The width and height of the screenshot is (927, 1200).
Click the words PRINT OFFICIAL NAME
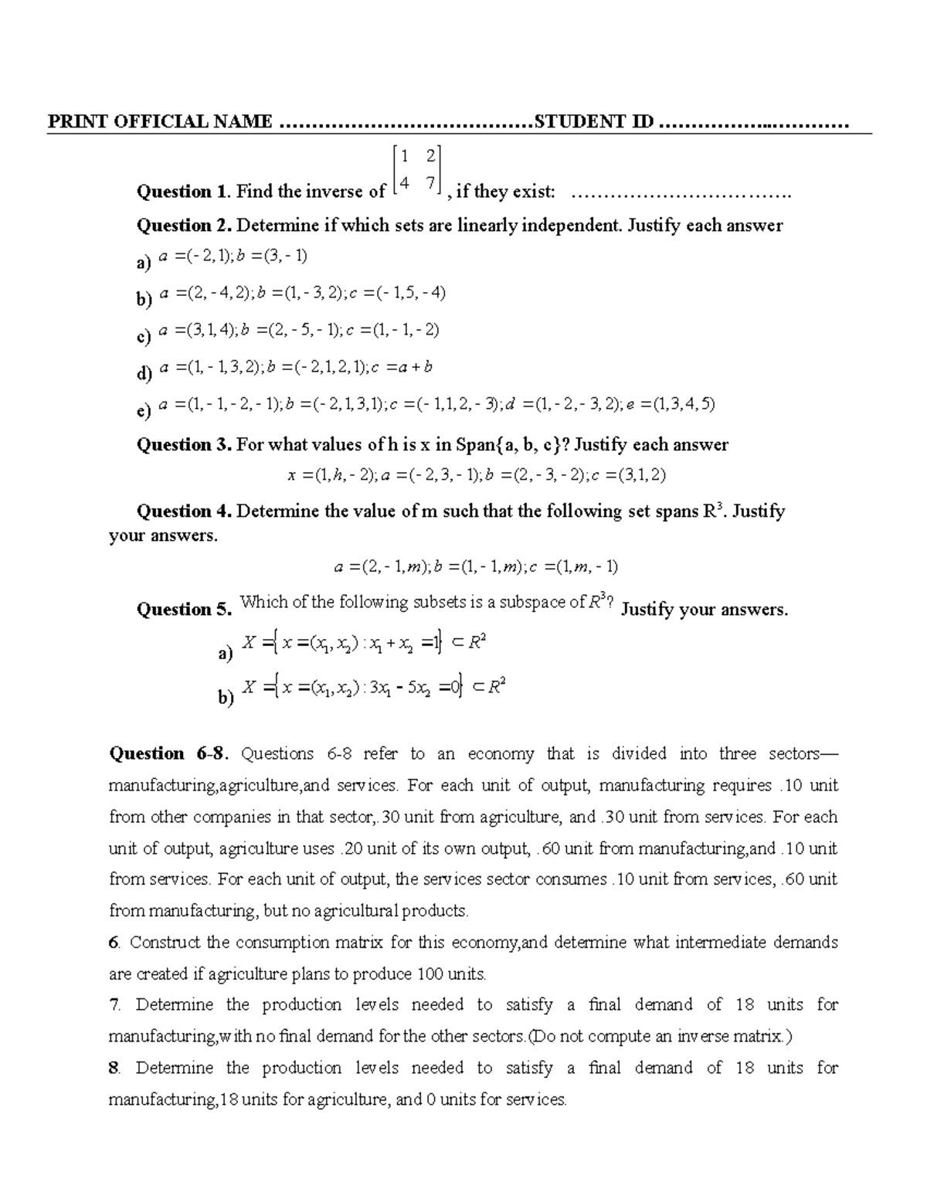160,121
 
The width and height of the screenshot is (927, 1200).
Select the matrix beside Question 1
416,169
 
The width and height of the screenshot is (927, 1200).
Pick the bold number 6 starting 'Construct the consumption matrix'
114,943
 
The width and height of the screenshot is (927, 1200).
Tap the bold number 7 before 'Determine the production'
114,1005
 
